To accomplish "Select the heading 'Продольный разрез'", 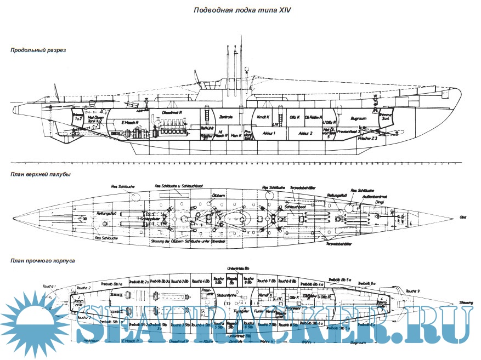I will point(38,50).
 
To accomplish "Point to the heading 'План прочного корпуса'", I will point(42,261).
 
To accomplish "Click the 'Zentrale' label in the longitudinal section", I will point(227,117).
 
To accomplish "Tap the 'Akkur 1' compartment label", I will point(268,133).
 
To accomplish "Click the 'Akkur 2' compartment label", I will point(305,133).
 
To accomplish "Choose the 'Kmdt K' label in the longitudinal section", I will point(265,117).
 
